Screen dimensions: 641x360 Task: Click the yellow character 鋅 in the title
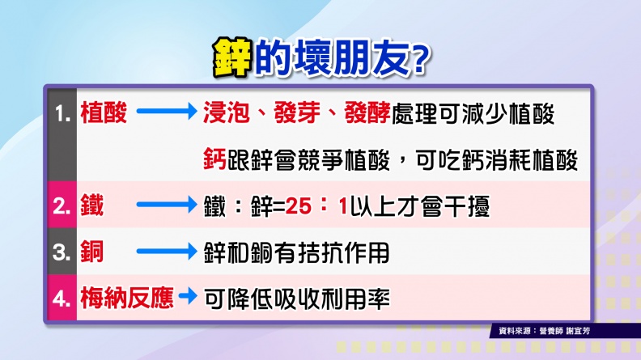(x=232, y=58)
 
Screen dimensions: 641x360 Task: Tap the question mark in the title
(x=420, y=60)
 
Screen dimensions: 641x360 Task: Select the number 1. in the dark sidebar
(x=62, y=113)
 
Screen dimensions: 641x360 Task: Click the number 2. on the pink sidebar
(x=62, y=206)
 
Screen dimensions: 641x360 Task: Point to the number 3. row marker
(x=62, y=252)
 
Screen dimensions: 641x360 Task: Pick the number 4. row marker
(x=62, y=299)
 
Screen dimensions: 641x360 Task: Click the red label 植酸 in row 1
(x=104, y=112)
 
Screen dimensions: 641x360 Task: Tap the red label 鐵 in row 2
(x=92, y=205)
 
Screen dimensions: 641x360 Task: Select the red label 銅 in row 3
(x=92, y=252)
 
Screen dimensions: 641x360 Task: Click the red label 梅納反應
(x=127, y=298)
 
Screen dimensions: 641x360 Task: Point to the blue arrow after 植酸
(x=167, y=111)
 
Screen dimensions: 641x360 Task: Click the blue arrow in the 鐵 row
(x=167, y=205)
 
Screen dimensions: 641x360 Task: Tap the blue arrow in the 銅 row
(x=167, y=251)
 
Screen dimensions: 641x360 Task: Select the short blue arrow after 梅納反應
(x=188, y=296)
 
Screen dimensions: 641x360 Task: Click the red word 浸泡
(x=227, y=112)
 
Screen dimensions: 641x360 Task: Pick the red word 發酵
(x=367, y=112)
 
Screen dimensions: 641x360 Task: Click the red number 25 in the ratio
(x=299, y=206)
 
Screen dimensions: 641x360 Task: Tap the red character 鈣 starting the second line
(x=214, y=159)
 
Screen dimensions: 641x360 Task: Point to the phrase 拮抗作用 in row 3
(x=342, y=252)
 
